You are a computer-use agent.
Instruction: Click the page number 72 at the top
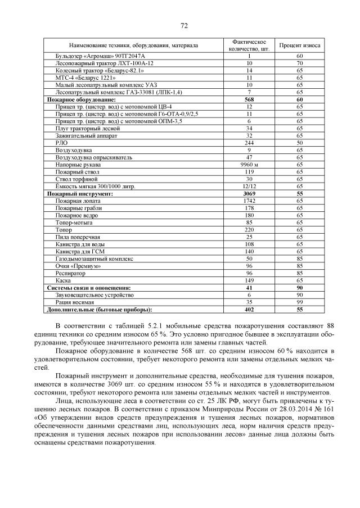pyautogui.click(x=183, y=26)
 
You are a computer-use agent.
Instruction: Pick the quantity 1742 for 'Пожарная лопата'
pyautogui.click(x=249, y=201)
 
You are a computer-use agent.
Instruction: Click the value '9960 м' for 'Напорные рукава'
pyautogui.click(x=249, y=165)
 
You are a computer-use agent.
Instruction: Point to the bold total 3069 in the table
pyautogui.click(x=249, y=193)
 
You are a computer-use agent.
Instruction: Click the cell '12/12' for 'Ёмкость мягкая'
pyautogui.click(x=249, y=186)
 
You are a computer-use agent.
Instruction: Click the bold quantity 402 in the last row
pyautogui.click(x=249, y=309)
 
